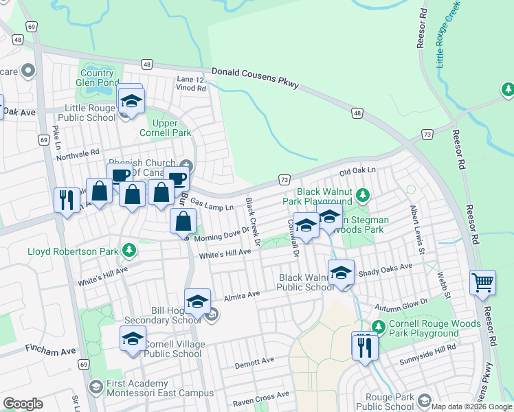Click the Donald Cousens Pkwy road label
[x=255, y=78]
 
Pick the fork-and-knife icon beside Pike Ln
[x=67, y=200]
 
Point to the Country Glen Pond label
[x=96, y=78]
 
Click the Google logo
[x=23, y=404]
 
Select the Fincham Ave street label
[x=50, y=351]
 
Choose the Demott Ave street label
[x=254, y=360]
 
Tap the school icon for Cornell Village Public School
[x=133, y=339]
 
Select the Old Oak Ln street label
[x=358, y=170]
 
